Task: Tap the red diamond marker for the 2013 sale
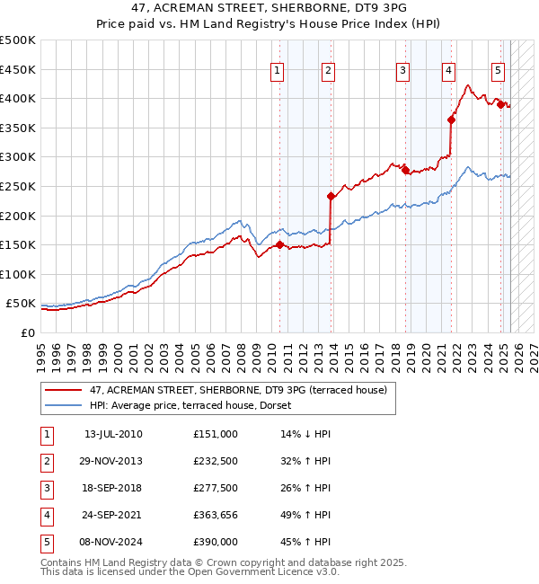[331, 196]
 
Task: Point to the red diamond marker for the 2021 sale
[451, 119]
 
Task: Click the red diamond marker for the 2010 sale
[279, 243]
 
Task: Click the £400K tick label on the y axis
[18, 98]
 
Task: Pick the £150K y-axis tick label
[18, 244]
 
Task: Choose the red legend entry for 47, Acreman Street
[238, 390]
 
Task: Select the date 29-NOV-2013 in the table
[114, 461]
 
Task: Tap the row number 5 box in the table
[44, 542]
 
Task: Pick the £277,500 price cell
[216, 488]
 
